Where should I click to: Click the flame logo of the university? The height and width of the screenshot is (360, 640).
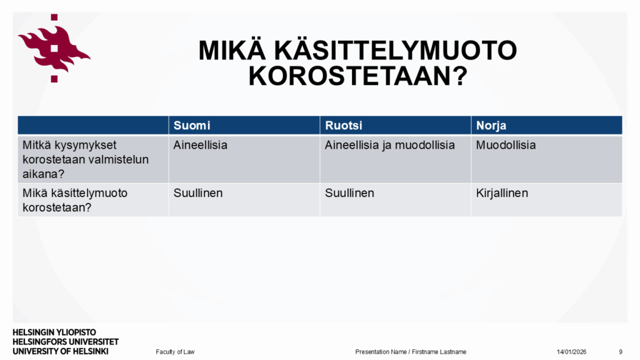[54, 48]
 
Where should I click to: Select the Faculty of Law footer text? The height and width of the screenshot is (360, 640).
[175, 352]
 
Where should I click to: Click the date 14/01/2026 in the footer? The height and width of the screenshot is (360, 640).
[571, 352]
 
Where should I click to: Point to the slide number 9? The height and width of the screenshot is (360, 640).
[621, 352]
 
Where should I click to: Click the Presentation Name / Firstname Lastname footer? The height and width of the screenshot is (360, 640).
[411, 352]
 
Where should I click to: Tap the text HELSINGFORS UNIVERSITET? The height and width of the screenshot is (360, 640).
[66, 342]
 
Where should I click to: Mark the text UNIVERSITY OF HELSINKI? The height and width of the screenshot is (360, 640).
[61, 351]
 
